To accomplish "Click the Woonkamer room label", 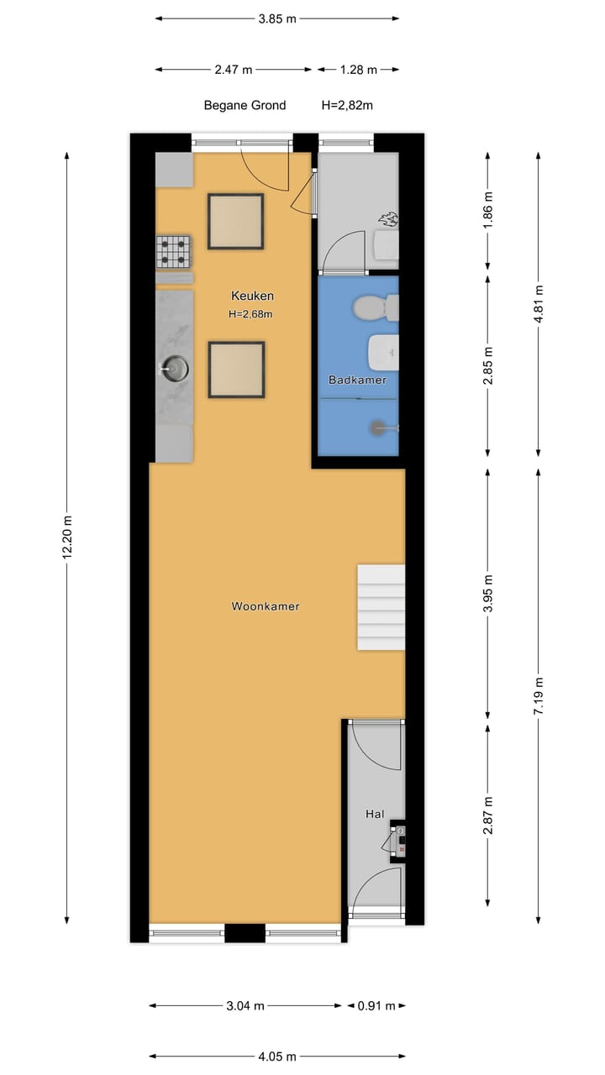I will click(266, 606).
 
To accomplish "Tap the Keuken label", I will click(252, 296).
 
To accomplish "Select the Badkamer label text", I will click(357, 380).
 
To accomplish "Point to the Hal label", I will click(375, 814).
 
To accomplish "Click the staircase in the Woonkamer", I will click(381, 606).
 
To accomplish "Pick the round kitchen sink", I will click(175, 367).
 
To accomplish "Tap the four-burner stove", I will click(173, 252).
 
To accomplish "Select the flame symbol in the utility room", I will click(387, 220).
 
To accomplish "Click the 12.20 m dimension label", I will click(68, 537).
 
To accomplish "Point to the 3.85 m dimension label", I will click(276, 18).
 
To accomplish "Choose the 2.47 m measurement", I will click(233, 70).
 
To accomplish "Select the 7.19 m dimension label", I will click(539, 695).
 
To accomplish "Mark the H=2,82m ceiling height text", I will click(347, 106).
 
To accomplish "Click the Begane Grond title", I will click(245, 106).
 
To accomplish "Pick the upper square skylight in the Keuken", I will click(235, 221).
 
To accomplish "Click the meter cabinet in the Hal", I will click(397, 840).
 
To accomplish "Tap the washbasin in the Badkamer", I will click(384, 351).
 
